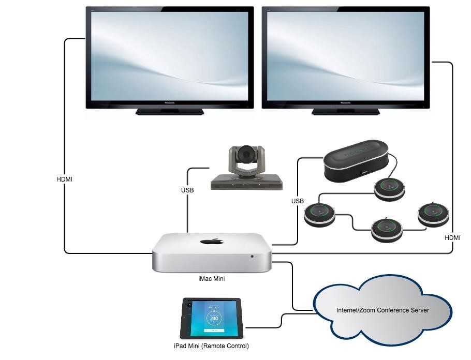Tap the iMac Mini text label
click(x=211, y=278)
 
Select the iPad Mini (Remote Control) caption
click(x=211, y=346)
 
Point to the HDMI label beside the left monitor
click(x=65, y=179)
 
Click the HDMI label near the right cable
click(x=453, y=237)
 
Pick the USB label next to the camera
click(x=187, y=190)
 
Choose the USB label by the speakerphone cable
click(x=298, y=201)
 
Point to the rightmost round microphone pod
click(x=433, y=214)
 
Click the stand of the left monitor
click(x=169, y=111)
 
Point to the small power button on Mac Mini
click(x=252, y=257)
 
